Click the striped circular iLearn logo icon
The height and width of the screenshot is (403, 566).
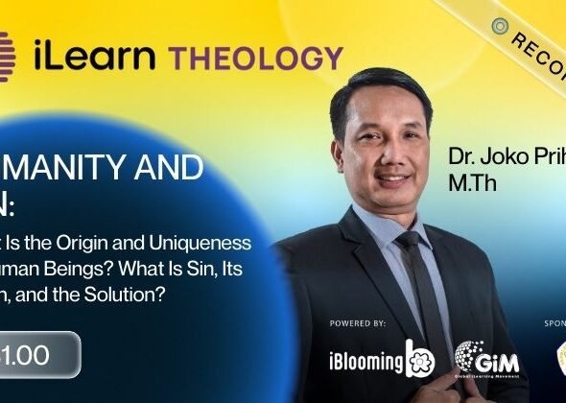[x=8, y=53]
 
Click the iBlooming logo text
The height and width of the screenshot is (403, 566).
[x=366, y=360]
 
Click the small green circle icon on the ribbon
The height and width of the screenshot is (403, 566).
[x=499, y=26]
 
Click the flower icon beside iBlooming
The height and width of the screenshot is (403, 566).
[x=420, y=358]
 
